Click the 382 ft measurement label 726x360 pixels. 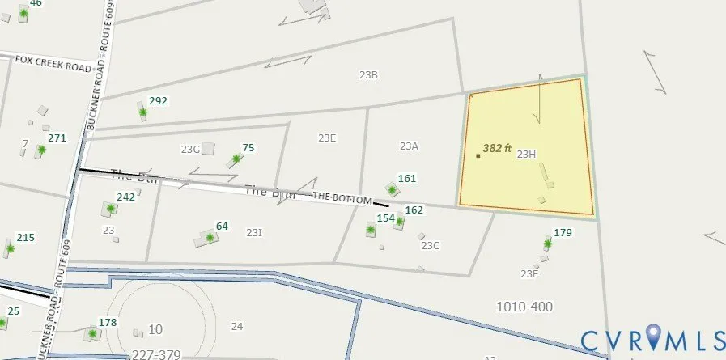click(x=497, y=148)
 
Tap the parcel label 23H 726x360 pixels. click(x=527, y=154)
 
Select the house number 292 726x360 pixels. click(x=158, y=101)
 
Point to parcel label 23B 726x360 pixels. click(x=369, y=74)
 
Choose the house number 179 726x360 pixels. click(x=563, y=233)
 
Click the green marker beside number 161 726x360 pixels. click(x=393, y=191)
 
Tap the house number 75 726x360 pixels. click(x=248, y=147)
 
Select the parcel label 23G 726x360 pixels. click(x=190, y=149)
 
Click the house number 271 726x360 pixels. click(x=57, y=138)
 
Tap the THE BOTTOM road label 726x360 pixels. click(x=342, y=197)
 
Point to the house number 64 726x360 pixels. click(x=222, y=226)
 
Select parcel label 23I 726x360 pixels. click(x=254, y=233)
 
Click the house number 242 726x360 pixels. click(x=125, y=197)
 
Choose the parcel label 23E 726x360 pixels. click(x=327, y=138)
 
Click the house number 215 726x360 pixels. click(x=26, y=237)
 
